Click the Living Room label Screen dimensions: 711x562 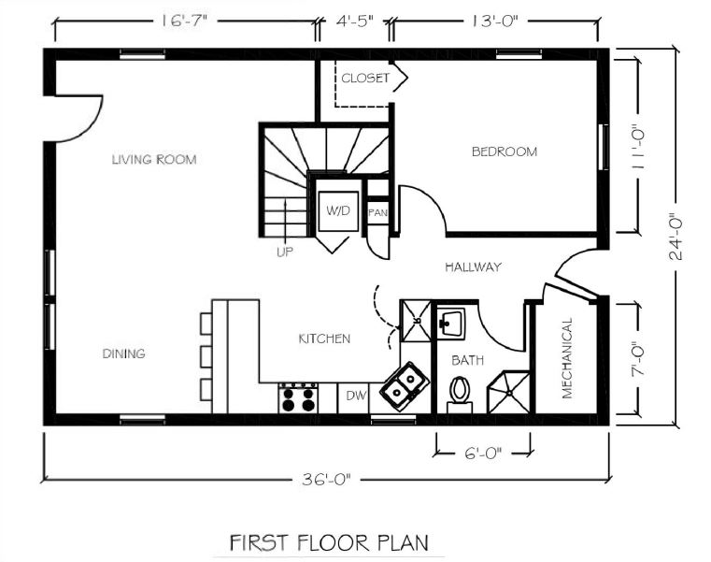[x=154, y=159]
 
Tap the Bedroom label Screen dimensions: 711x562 [x=505, y=151]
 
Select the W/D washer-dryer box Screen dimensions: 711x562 [x=338, y=211]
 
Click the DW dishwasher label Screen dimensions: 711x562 [x=356, y=396]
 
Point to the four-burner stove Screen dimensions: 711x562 [x=298, y=397]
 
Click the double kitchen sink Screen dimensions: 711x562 [x=405, y=386]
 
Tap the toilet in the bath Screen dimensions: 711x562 [x=460, y=393]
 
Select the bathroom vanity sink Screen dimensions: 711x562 [x=451, y=324]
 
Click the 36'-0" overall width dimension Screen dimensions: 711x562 [x=326, y=479]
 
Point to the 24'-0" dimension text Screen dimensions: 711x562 [x=676, y=236]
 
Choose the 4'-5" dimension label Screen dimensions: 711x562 [x=355, y=21]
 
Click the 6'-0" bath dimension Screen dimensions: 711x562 [x=483, y=453]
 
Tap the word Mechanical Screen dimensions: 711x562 [x=567, y=358]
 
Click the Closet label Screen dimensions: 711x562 [x=365, y=78]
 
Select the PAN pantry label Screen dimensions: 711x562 [x=377, y=212]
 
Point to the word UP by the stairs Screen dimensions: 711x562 [x=285, y=251]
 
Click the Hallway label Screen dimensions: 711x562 [x=473, y=267]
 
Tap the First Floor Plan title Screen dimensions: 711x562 [x=329, y=543]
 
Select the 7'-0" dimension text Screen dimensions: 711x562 [x=638, y=358]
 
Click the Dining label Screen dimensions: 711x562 [x=123, y=353]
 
